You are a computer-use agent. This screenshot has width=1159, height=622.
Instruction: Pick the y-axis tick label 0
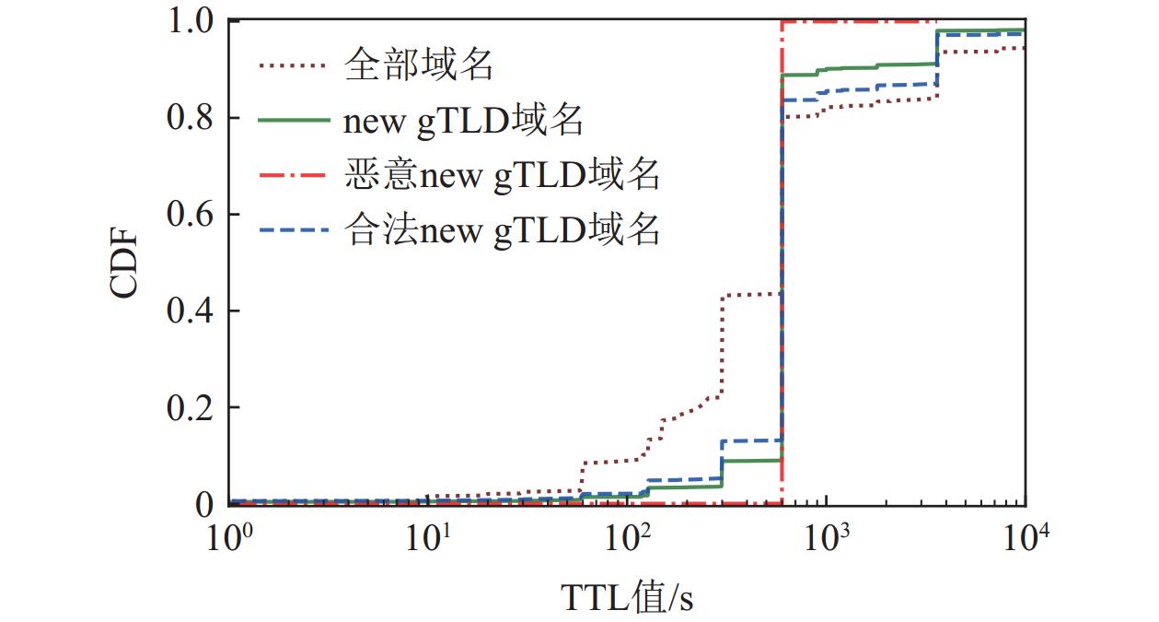tap(203, 504)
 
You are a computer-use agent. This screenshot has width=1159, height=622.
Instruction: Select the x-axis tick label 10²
tap(629, 537)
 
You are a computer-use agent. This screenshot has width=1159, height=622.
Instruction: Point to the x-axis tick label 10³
tap(828, 537)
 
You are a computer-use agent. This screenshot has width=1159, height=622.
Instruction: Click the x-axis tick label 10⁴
tap(1026, 537)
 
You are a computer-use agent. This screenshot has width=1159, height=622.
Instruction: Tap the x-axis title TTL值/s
tap(627, 598)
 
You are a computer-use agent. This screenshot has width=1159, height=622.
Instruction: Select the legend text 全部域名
tap(421, 65)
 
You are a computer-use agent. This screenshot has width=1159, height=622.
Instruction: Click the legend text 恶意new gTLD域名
tap(502, 174)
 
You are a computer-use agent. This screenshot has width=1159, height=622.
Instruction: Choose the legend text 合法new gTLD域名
tap(502, 229)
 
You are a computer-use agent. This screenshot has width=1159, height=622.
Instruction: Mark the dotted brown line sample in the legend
tap(293, 65)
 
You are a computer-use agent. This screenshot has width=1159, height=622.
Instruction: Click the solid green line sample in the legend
tap(293, 120)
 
